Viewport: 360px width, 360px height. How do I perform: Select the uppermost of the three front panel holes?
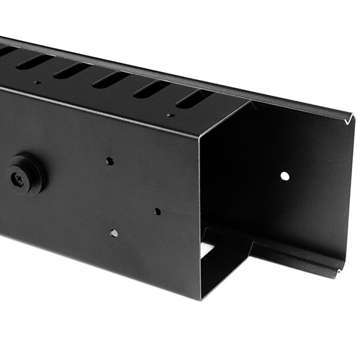point(109,161)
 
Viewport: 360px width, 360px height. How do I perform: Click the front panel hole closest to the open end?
point(157,212)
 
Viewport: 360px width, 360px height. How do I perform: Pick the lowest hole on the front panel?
point(114,233)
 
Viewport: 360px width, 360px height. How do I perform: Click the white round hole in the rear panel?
point(284,176)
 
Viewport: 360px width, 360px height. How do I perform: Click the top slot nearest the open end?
point(192,99)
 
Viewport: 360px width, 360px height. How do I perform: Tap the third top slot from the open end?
point(111,79)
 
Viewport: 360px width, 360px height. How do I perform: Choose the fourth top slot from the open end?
point(71,70)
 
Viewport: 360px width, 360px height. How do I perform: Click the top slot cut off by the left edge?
point(6,52)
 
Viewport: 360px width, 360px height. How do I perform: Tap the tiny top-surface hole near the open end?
point(170,114)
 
